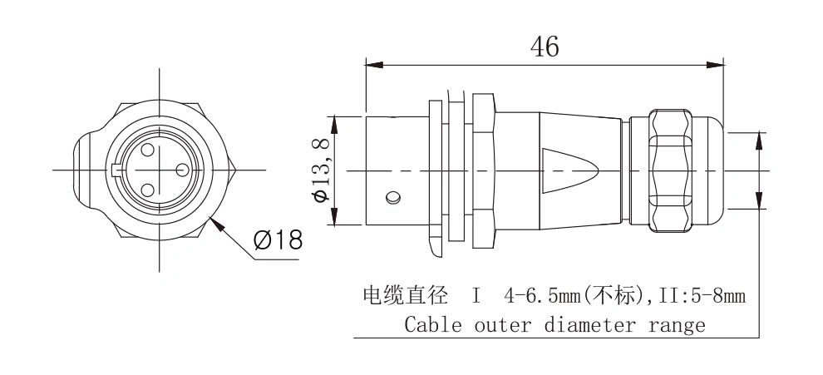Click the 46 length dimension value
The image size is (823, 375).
[545, 47]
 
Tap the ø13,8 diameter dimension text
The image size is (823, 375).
[321, 170]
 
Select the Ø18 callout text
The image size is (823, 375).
[278, 240]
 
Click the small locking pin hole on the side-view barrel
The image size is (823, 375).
[393, 198]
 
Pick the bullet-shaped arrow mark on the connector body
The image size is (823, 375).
[570, 170]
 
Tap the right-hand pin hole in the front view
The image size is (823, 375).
[182, 170]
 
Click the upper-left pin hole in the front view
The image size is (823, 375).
[147, 150]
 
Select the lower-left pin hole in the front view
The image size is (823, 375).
[147, 190]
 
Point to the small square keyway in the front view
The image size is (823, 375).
[116, 170]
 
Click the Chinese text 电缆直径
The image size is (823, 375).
[405, 296]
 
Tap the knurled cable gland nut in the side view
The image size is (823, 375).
[670, 170]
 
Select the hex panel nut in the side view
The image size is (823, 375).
[483, 170]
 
